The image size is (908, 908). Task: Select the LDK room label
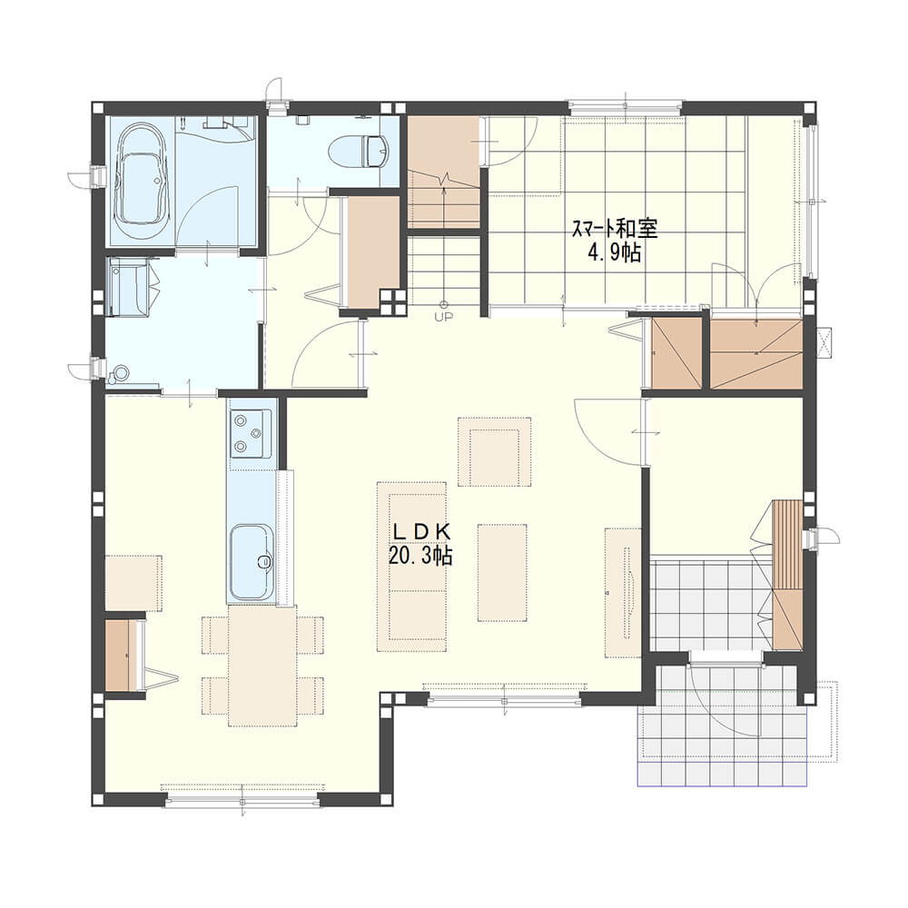tap(421, 530)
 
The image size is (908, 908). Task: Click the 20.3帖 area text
tap(420, 556)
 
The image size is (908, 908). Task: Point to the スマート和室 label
tap(615, 230)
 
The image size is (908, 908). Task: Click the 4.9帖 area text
tap(615, 252)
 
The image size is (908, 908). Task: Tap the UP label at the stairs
tap(444, 316)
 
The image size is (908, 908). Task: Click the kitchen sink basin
tap(252, 562)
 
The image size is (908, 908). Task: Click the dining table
tap(262, 666)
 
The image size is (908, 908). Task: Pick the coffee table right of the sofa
tap(502, 573)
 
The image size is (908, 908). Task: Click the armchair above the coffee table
tap(495, 451)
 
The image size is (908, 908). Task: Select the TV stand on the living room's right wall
tap(623, 592)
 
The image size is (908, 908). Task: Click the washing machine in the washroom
tap(130, 287)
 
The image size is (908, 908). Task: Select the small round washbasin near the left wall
tap(122, 371)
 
